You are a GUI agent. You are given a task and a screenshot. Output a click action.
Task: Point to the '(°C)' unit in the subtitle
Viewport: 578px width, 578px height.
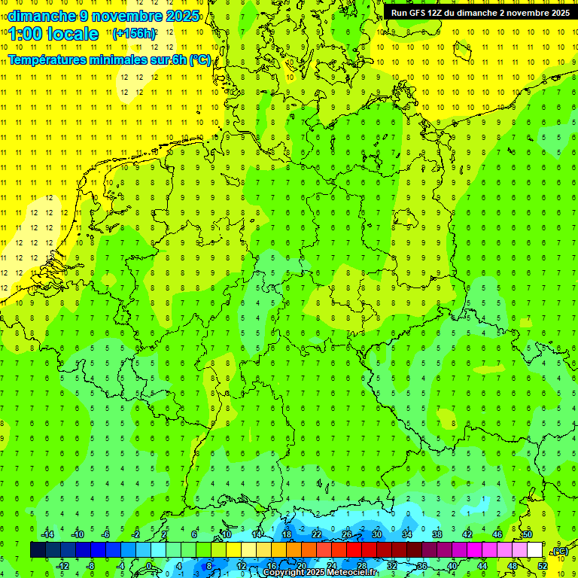(199, 60)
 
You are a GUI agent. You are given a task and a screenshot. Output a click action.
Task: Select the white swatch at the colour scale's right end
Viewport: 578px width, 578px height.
(534, 550)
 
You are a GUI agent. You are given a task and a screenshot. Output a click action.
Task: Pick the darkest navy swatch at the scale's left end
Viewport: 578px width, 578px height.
(38, 550)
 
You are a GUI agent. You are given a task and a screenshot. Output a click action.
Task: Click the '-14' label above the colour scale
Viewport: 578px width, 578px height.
(47, 534)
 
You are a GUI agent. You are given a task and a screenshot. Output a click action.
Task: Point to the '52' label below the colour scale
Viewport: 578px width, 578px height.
(543, 566)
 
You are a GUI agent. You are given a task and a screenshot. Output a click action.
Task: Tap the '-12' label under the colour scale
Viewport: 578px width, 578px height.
(62, 566)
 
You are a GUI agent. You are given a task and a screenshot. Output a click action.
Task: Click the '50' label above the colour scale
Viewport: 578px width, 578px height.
(528, 534)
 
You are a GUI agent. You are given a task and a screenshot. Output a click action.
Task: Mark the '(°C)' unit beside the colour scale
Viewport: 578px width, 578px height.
(559, 551)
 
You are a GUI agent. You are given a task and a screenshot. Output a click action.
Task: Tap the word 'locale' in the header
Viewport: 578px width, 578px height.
(71, 34)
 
